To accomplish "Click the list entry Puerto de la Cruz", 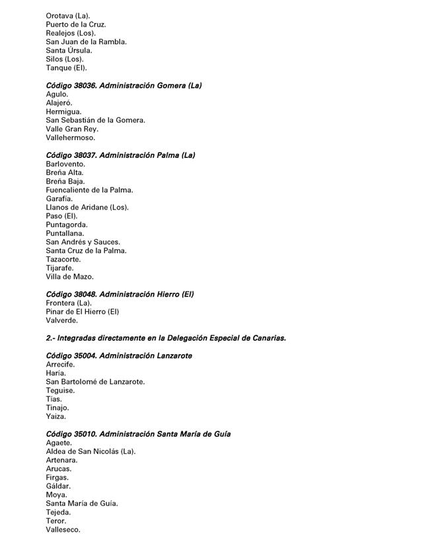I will coord(76,24).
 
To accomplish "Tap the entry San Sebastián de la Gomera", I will coord(95,120).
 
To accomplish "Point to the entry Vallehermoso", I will coord(71,138).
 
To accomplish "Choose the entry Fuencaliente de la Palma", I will coord(89,190).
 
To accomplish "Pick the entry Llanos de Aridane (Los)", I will coord(87,207).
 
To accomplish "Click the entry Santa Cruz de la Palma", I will coord(86,250).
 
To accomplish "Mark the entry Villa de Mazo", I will coord(70,277).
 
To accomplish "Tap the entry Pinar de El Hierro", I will coord(83,311).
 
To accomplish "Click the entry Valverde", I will coord(62,320).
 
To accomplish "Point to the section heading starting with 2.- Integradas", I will coord(166,338).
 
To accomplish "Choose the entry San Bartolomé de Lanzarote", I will coord(95,381).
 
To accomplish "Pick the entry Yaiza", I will coord(56,416).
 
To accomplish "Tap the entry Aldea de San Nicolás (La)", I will coord(90,451).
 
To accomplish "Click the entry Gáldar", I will coord(58,486).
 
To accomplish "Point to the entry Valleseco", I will coord(63,529).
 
